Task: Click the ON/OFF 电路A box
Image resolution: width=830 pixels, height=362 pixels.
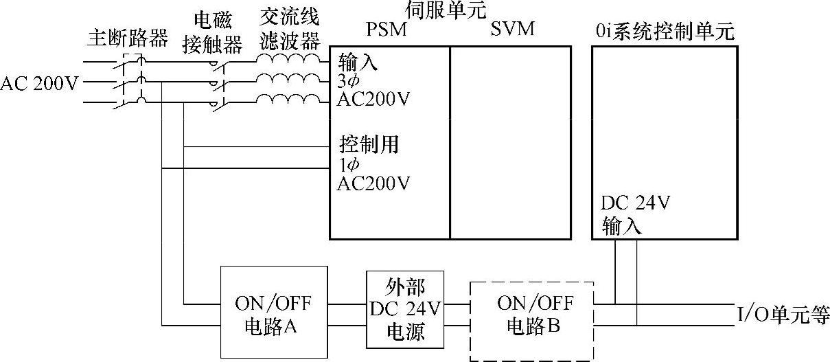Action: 275,313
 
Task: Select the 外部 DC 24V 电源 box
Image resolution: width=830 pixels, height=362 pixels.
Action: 405,310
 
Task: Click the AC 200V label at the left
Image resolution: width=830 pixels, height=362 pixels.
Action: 39,84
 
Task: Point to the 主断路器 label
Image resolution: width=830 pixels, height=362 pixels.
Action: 128,38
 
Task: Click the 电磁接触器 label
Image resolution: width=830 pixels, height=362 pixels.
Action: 212,32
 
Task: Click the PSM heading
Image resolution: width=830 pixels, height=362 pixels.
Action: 387,31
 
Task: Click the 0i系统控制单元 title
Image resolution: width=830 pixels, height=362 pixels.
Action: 665,31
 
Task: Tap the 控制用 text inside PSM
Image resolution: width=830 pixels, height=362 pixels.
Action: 369,145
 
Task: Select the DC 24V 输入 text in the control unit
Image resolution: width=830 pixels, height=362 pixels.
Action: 635,214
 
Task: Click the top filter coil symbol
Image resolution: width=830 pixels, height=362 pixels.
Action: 288,60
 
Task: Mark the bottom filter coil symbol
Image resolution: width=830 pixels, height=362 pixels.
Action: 288,101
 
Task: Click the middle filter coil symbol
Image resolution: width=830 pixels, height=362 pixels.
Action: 288,80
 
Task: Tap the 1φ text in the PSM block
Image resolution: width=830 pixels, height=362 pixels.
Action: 349,165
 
